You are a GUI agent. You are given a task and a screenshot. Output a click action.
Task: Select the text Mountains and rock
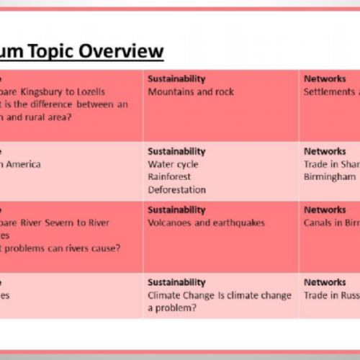(x=191, y=92)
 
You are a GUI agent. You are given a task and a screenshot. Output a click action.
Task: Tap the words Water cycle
(x=172, y=164)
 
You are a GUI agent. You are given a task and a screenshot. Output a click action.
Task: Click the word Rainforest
(x=170, y=177)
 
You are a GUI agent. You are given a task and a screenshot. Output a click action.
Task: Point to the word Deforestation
(x=176, y=190)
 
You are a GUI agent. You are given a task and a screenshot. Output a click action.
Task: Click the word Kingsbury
(x=51, y=92)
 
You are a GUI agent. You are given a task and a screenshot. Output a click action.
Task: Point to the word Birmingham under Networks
(x=329, y=177)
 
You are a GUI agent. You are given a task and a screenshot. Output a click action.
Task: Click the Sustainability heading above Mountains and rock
(x=176, y=79)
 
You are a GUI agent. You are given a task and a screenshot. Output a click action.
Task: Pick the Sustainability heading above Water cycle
(x=176, y=151)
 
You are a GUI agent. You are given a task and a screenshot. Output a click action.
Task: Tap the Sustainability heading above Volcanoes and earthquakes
(x=176, y=210)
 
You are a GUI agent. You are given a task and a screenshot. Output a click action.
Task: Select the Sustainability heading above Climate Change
(x=176, y=282)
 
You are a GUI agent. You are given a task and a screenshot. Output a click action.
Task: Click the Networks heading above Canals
(x=325, y=210)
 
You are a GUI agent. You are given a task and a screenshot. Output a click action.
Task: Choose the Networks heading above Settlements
(x=325, y=79)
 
